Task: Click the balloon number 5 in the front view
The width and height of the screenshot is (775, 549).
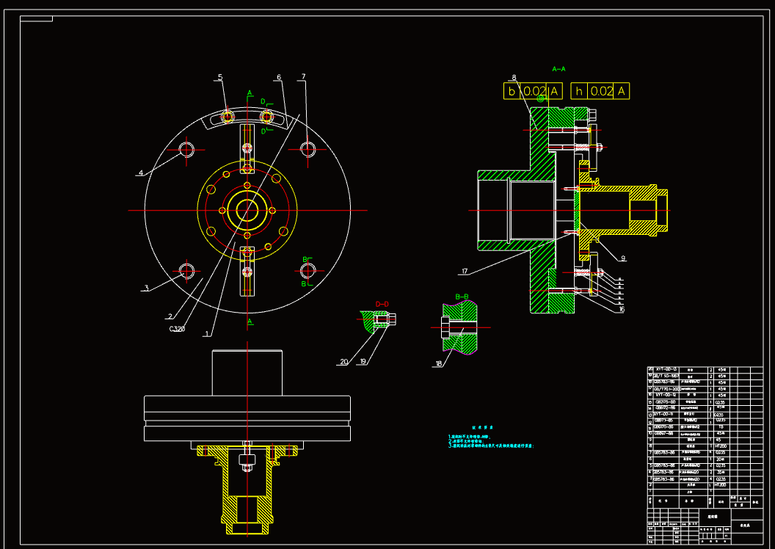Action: pyautogui.click(x=220, y=77)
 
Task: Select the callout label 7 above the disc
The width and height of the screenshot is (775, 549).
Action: pyautogui.click(x=303, y=76)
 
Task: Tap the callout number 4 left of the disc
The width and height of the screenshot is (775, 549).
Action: pyautogui.click(x=140, y=173)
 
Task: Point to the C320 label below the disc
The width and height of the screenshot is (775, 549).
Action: pyautogui.click(x=177, y=329)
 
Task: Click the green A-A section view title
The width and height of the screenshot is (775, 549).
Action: pyautogui.click(x=558, y=69)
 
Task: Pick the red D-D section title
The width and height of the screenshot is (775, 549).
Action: pyautogui.click(x=382, y=303)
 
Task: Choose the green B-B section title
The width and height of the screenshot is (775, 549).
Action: pyautogui.click(x=462, y=297)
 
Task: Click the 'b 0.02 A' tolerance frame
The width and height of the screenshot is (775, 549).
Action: pyautogui.click(x=534, y=91)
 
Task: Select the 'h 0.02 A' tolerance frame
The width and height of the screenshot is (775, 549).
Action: pyautogui.click(x=600, y=91)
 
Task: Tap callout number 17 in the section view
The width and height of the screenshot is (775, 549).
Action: pyautogui.click(x=464, y=272)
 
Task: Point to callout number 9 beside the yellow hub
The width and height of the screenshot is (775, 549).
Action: pyautogui.click(x=622, y=258)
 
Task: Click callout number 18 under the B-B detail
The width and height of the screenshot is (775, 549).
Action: pyautogui.click(x=439, y=363)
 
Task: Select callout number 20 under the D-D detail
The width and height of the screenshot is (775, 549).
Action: pyautogui.click(x=343, y=361)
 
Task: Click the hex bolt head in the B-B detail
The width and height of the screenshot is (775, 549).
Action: pyautogui.click(x=445, y=328)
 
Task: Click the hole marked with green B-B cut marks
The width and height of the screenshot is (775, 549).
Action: pyautogui.click(x=308, y=270)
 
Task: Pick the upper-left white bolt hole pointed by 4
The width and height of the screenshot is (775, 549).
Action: pyautogui.click(x=186, y=150)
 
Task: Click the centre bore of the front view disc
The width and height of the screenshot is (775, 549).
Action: pyautogui.click(x=247, y=210)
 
